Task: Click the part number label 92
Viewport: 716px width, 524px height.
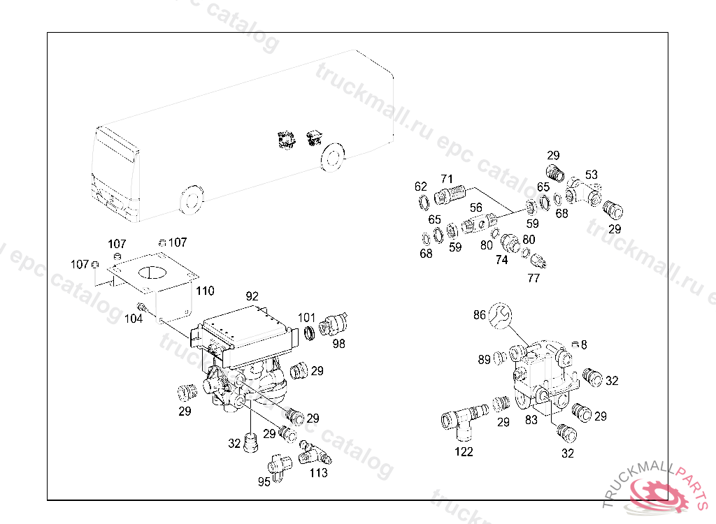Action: tap(252, 296)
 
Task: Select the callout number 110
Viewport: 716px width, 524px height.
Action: tap(205, 290)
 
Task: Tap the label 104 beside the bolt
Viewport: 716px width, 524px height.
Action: tap(134, 318)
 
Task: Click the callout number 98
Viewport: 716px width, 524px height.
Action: tap(338, 343)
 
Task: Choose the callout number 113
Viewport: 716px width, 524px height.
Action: tap(318, 472)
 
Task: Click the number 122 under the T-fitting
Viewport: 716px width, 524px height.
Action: tap(464, 451)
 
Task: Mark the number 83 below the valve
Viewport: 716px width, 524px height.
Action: tap(531, 419)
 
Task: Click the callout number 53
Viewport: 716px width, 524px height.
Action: tap(591, 174)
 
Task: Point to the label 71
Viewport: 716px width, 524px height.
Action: tap(447, 178)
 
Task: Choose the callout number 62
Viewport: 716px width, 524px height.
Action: tap(420, 187)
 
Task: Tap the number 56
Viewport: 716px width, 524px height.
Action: tap(475, 208)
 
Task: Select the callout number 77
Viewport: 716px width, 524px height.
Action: tap(534, 277)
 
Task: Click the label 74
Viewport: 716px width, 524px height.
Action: tap(501, 259)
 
